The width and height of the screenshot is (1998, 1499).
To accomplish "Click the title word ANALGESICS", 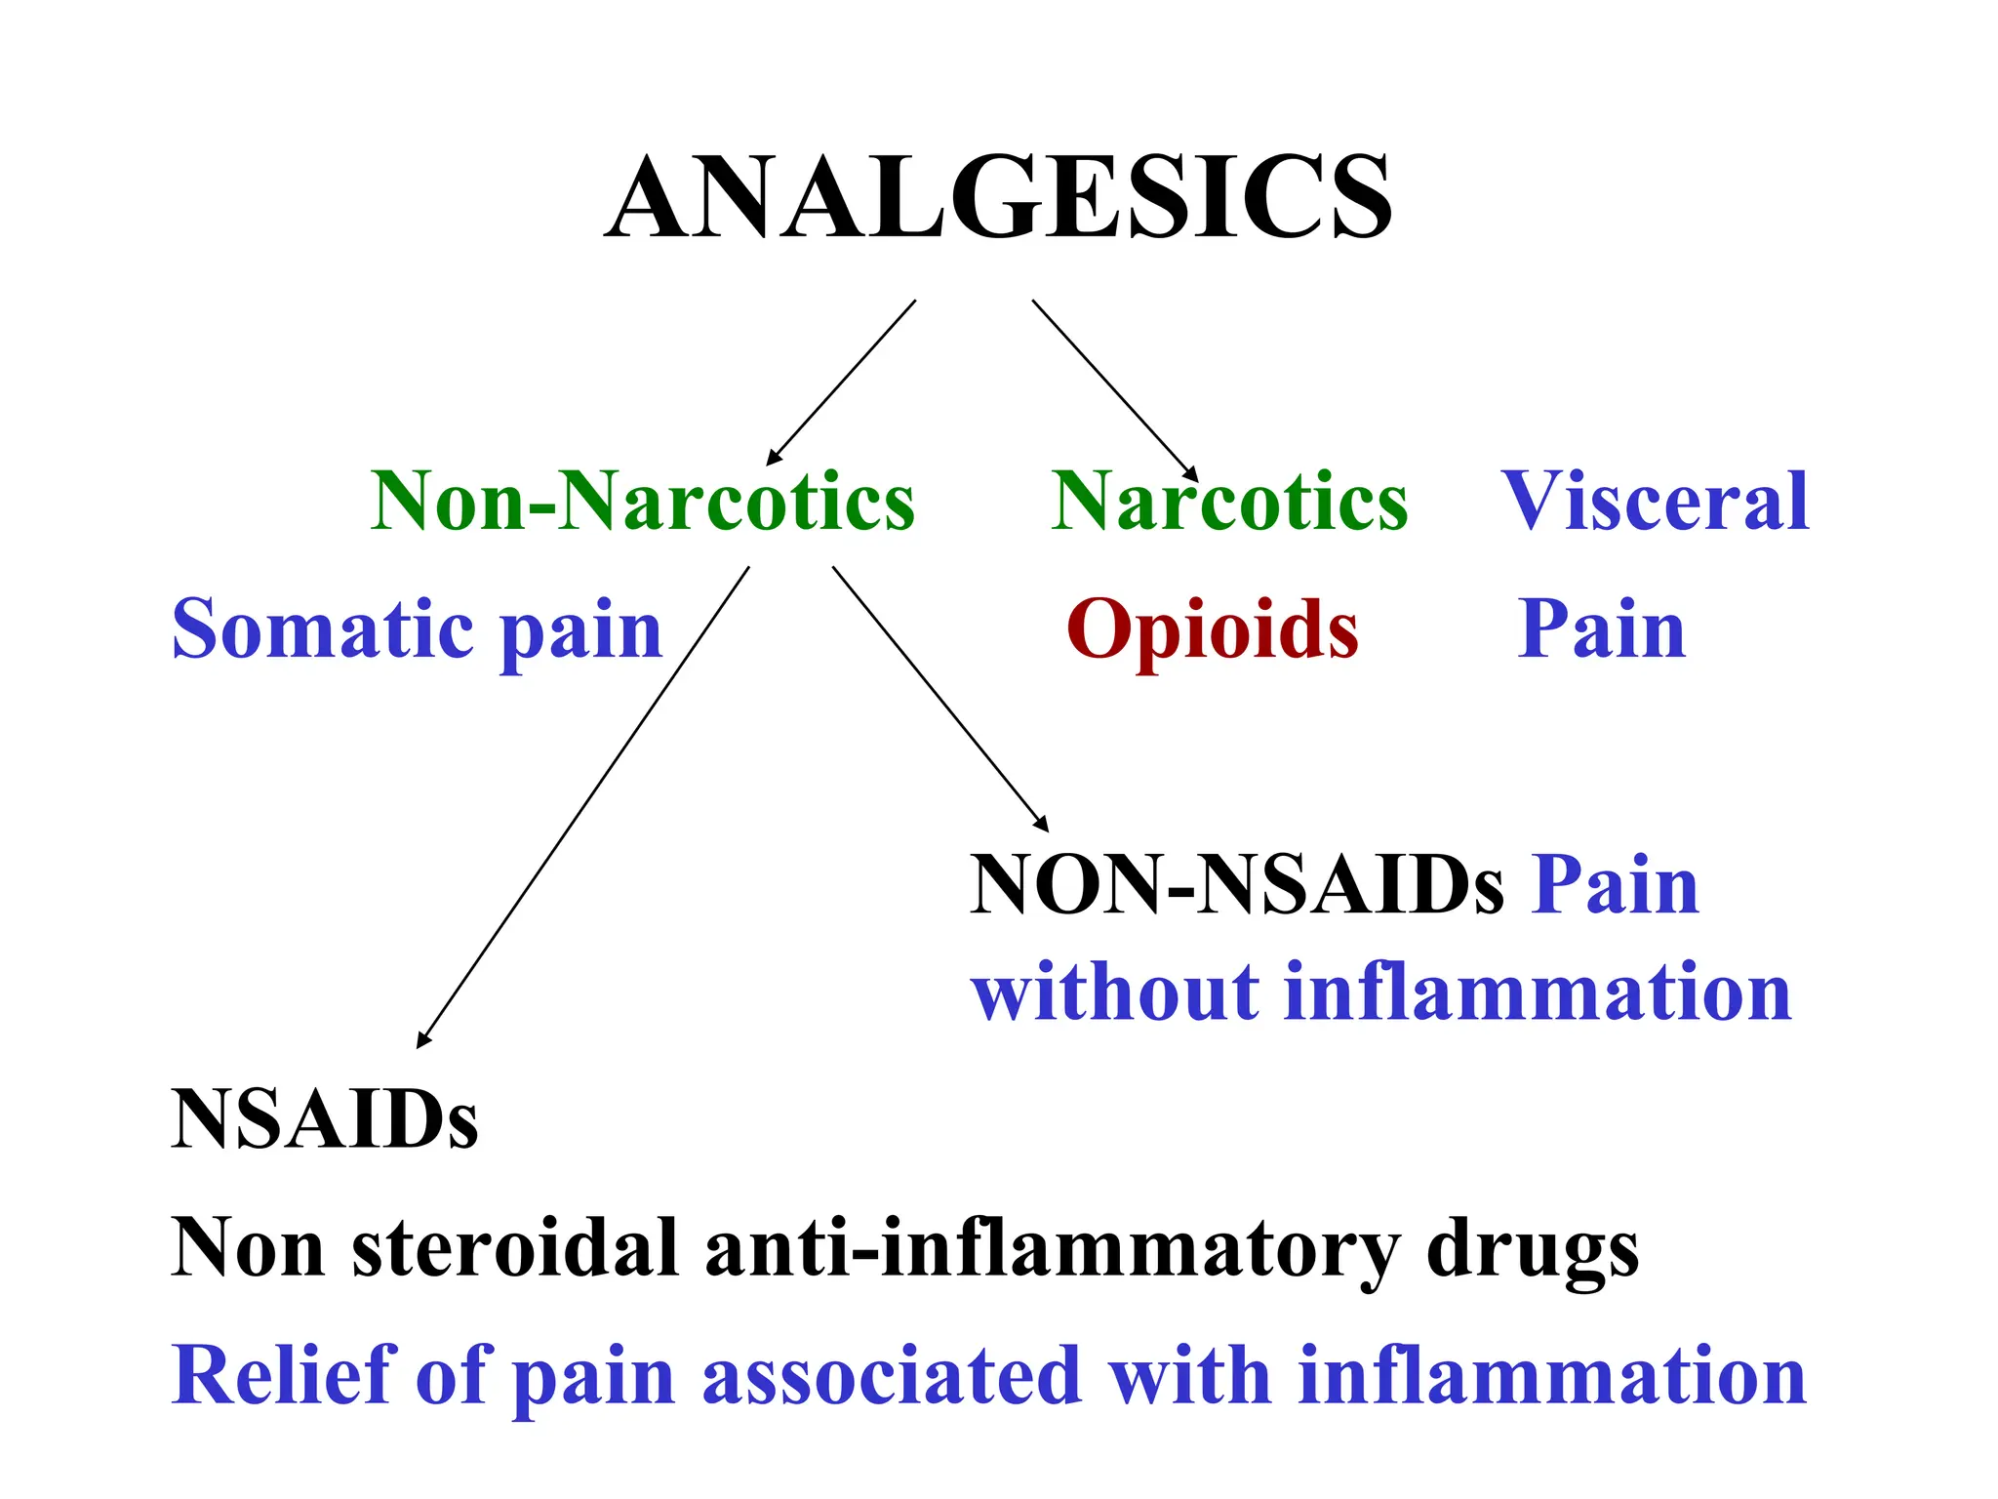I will click(x=998, y=198).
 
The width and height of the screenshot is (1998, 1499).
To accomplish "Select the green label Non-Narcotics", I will click(x=643, y=502).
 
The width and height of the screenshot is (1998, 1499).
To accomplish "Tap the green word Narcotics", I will click(x=1229, y=502).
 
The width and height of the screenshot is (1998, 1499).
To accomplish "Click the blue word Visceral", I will click(x=1656, y=502).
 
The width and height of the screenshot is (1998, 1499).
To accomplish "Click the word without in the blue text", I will click(x=1116, y=993).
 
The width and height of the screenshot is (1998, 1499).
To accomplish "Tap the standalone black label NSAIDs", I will click(x=324, y=1119).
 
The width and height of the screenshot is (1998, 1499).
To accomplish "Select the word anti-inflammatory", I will click(x=1052, y=1249).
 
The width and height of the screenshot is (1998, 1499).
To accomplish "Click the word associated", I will click(x=892, y=1375).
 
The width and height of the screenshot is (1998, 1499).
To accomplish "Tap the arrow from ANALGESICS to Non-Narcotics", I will click(x=841, y=383).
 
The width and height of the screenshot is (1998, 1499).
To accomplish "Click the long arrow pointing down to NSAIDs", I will click(x=583, y=807).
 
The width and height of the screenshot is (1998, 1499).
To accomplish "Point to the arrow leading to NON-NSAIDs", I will click(x=939, y=698).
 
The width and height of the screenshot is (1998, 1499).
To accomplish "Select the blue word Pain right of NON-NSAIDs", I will click(x=1615, y=885).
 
